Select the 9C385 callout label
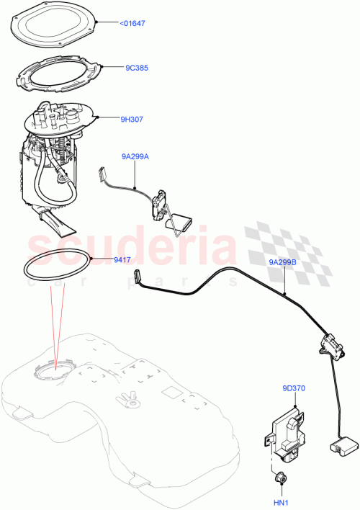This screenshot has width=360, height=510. point(136,68)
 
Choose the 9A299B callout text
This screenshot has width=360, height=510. point(283,263)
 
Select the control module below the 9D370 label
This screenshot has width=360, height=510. point(286,433)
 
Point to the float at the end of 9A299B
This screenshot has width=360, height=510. point(338,447)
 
